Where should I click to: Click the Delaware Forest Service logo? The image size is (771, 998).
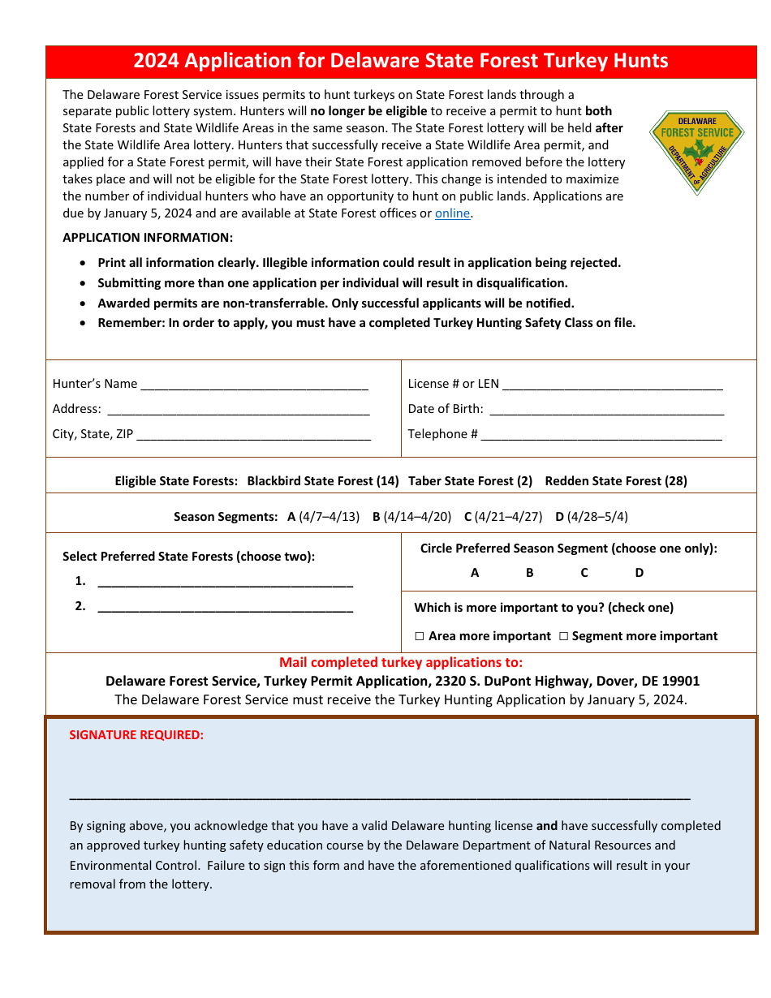[x=696, y=152]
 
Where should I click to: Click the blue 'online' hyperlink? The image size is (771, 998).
[x=452, y=213]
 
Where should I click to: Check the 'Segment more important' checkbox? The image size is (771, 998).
[x=563, y=636]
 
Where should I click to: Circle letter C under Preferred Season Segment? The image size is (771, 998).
[x=584, y=573]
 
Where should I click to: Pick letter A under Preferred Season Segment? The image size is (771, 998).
[x=475, y=573]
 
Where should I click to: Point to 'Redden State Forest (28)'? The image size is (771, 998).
[x=616, y=481]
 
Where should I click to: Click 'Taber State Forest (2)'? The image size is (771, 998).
[x=470, y=481]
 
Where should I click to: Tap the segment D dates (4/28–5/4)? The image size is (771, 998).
[x=597, y=517]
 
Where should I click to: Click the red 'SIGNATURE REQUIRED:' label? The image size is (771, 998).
[x=136, y=735]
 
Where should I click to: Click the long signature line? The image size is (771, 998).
[x=380, y=798]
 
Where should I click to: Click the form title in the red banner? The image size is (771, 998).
[x=401, y=61]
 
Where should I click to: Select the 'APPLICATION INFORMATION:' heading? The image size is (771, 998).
[x=148, y=238]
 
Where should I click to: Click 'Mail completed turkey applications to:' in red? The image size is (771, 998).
[x=401, y=662]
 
